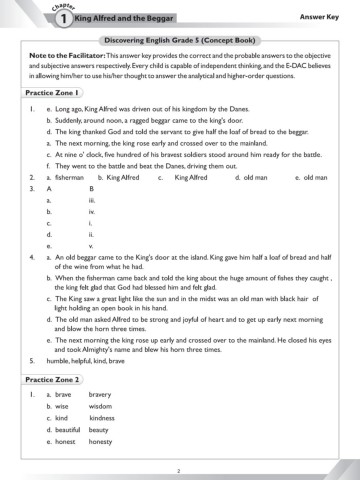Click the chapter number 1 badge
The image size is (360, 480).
(35, 18)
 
